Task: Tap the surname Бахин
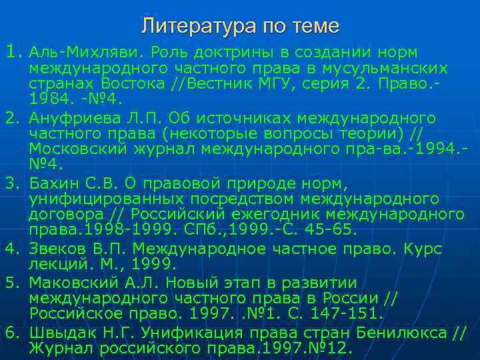51,183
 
